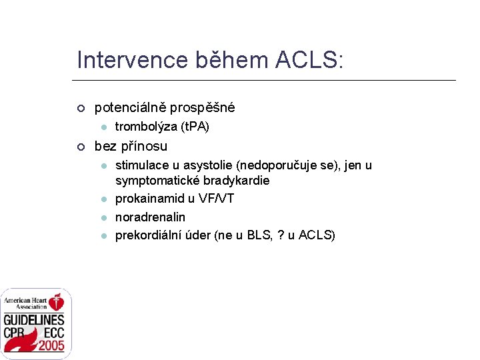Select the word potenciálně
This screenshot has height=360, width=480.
tap(131, 107)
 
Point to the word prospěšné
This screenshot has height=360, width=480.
tap(203, 107)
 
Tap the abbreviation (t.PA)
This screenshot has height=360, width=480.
tap(193, 127)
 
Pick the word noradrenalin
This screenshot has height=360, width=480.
tap(150, 217)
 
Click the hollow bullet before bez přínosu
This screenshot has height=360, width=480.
tap(81, 147)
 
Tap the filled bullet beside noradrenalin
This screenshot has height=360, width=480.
tap(104, 217)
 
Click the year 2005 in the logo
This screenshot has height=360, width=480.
tap(51, 345)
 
